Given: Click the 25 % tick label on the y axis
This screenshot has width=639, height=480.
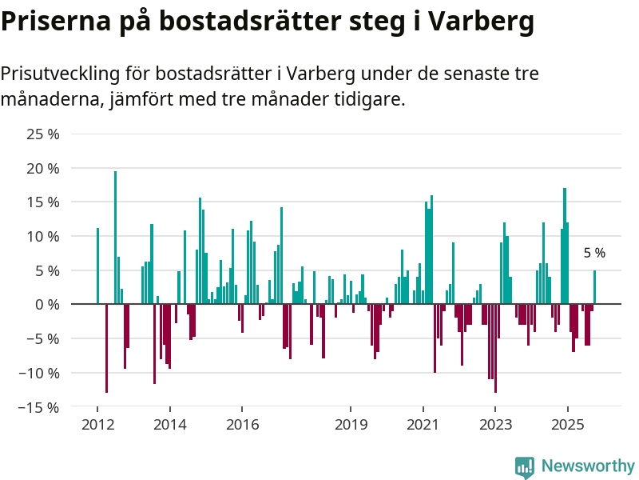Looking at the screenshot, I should (x=43, y=134).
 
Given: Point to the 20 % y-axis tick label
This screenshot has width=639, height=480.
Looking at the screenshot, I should (x=43, y=169).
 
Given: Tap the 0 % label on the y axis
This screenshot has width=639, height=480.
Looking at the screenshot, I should (x=47, y=305).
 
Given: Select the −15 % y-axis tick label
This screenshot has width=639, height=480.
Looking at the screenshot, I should (x=40, y=407).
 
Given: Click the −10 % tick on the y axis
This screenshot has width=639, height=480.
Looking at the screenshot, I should (x=40, y=373).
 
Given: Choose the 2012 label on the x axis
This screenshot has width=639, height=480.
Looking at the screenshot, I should (x=97, y=424).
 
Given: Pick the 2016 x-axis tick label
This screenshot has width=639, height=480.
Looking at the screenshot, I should (x=241, y=424).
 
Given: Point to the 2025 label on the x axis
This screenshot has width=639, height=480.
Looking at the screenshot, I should (x=567, y=424).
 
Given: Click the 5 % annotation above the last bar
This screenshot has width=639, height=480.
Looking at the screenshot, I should (x=594, y=253).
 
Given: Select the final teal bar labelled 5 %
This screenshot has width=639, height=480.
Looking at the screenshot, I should (x=594, y=287).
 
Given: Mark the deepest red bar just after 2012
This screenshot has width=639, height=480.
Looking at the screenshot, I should (x=106, y=348).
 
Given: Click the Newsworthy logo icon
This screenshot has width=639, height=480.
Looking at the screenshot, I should (x=525, y=467).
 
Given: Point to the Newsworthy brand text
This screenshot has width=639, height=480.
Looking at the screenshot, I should (x=588, y=466).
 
